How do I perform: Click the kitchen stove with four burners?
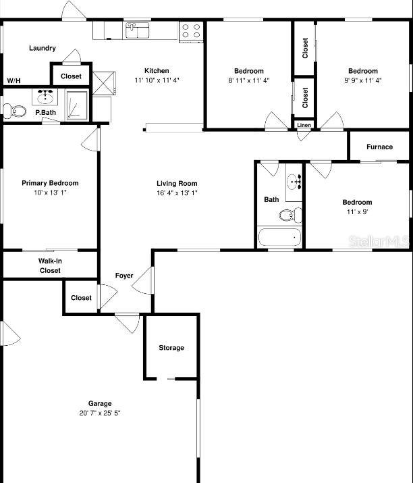(x=191, y=32)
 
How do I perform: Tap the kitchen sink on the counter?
(x=137, y=30)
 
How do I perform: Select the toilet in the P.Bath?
(x=14, y=111)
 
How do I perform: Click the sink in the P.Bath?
(x=45, y=97)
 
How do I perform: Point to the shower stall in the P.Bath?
(x=77, y=105)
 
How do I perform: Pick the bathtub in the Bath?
(x=279, y=237)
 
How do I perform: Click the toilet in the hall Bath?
(x=290, y=215)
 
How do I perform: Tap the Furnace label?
(x=379, y=147)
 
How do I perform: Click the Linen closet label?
(x=304, y=125)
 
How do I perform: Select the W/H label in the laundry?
(x=13, y=81)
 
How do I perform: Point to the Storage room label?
(x=171, y=348)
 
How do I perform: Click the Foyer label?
(x=124, y=276)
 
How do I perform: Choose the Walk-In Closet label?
(x=50, y=265)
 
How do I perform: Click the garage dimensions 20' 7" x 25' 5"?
(x=100, y=413)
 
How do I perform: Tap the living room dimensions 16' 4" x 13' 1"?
(x=177, y=193)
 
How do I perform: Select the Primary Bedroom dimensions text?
(x=50, y=193)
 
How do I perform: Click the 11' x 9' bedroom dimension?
(x=357, y=211)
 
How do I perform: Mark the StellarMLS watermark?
(x=379, y=242)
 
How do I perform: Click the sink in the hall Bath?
(x=294, y=182)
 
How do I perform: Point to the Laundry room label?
(x=43, y=48)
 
